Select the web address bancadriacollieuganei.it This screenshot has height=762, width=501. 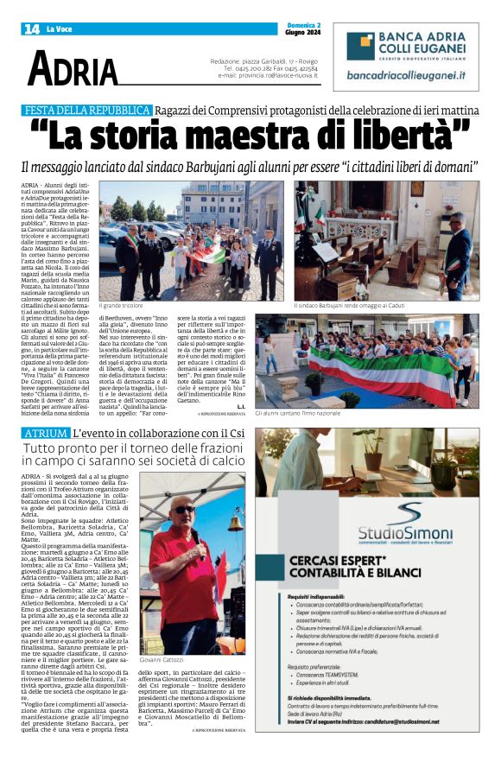(405, 76)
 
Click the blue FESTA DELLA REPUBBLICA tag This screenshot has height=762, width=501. (88, 111)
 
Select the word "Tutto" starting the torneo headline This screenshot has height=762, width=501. (42, 449)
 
